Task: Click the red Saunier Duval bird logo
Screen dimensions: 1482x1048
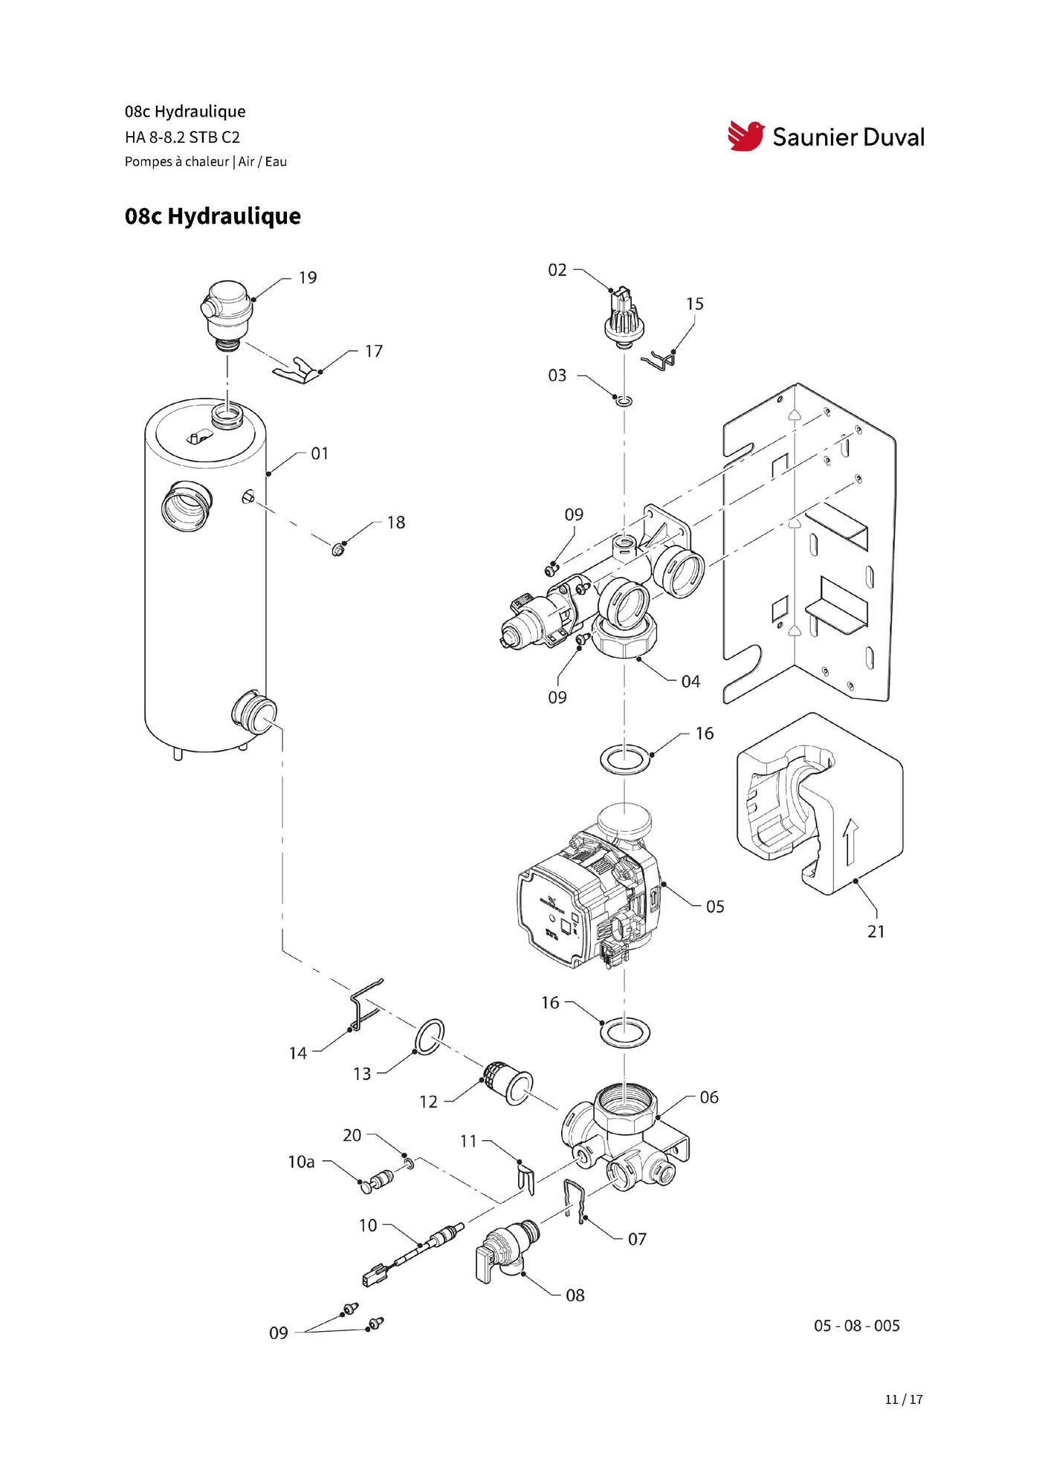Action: (x=745, y=136)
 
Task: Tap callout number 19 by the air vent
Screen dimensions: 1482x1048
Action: (x=308, y=278)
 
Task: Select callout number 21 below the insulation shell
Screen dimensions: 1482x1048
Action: (x=876, y=931)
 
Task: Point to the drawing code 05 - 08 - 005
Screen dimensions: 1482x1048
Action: (x=856, y=1326)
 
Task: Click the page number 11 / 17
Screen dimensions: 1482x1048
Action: (x=904, y=1400)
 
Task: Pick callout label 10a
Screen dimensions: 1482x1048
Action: (x=301, y=1162)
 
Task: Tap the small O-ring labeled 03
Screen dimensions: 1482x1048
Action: (x=625, y=402)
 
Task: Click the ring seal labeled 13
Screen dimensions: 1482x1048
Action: (x=430, y=1037)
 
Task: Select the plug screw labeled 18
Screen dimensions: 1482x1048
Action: (x=338, y=550)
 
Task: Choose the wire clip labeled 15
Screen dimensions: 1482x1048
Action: (x=660, y=360)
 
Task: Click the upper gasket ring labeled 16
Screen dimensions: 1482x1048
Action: (x=626, y=760)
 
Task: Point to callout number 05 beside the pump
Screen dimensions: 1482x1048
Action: (x=715, y=907)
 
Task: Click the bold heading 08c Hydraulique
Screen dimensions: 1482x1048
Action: (x=213, y=216)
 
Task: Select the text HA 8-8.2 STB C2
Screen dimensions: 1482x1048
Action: (x=182, y=137)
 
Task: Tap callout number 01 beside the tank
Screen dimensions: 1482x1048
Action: (x=320, y=453)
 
